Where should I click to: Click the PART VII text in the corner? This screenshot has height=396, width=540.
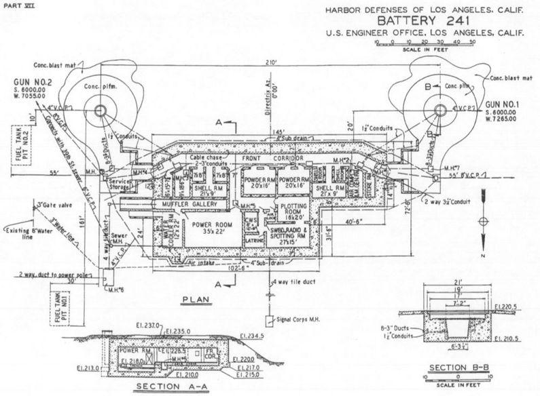click(x=15, y=6)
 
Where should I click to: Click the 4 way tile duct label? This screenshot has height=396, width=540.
click(x=293, y=281)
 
